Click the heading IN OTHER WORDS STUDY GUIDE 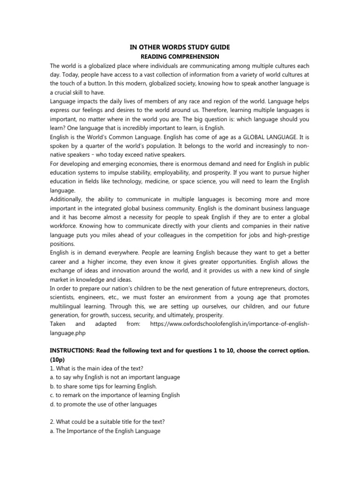[x=180, y=47]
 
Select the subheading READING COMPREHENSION [x=180, y=56]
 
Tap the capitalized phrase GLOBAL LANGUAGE [x=269, y=138]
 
